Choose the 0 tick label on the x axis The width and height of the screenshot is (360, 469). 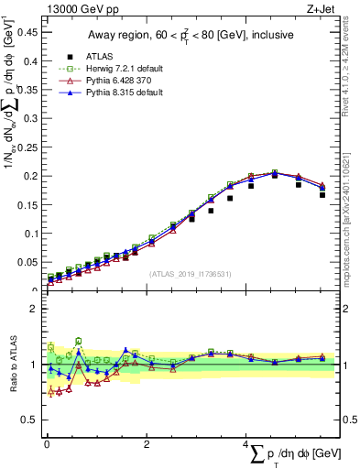click(x=46, y=442)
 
